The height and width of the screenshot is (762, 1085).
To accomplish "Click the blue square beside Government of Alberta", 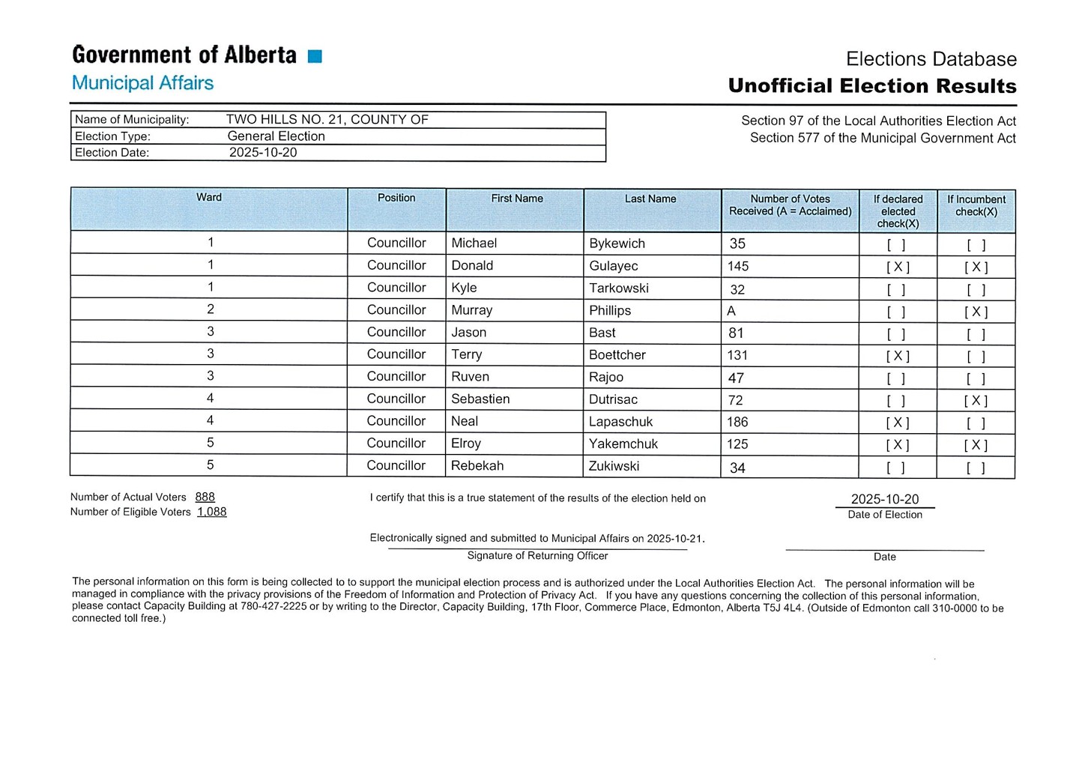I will [315, 56].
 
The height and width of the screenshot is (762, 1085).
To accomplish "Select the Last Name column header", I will [650, 199].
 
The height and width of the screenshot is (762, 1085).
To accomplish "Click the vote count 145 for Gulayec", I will [738, 267].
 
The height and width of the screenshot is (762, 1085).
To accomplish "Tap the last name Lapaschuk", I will [620, 422].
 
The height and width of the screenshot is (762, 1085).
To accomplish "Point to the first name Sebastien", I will [480, 399].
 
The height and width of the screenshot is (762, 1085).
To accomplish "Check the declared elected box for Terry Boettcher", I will [898, 356].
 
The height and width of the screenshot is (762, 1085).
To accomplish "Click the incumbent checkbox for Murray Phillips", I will [976, 312].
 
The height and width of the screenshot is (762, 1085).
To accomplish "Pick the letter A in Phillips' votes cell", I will [731, 311].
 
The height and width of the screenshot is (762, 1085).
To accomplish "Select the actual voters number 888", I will [205, 497].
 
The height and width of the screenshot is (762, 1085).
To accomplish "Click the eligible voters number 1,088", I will [211, 512].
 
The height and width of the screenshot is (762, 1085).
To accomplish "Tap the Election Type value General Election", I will [276, 136].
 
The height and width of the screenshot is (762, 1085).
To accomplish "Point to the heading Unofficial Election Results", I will [872, 86].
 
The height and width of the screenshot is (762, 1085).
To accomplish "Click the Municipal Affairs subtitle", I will [142, 83].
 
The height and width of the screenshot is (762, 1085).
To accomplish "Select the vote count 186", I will [737, 423].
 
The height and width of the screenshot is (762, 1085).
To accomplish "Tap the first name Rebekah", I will [477, 466].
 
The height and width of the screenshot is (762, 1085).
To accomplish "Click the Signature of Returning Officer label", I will [537, 556].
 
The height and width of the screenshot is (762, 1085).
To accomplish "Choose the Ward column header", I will [209, 198].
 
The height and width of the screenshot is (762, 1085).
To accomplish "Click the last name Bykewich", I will [617, 244].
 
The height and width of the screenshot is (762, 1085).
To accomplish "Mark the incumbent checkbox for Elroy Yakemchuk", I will [976, 445].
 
